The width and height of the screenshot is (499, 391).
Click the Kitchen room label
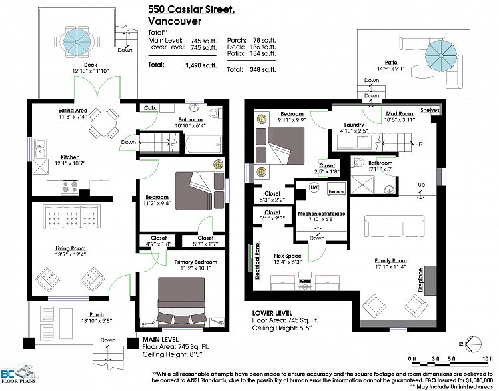tap(70, 157)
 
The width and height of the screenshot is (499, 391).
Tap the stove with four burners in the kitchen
tap(70, 187)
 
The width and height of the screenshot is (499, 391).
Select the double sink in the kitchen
tap(39, 149)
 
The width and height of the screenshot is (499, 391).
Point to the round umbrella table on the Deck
tap(77, 41)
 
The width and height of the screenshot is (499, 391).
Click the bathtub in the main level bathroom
tap(203, 145)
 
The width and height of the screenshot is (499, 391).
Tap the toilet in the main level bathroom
tap(215, 113)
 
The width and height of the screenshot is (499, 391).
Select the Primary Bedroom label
tap(195, 262)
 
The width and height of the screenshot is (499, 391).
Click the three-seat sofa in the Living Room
tap(71, 216)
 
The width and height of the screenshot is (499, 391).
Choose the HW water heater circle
tap(314, 187)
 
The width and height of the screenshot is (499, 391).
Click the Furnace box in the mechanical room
tap(336, 189)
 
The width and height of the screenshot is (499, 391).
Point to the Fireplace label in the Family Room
tap(420, 280)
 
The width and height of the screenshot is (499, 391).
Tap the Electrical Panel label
tap(257, 260)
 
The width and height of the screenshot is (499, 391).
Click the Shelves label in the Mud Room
tap(430, 110)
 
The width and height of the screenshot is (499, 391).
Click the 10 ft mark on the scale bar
tap(487, 359)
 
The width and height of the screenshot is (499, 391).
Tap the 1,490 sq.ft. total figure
tap(201, 65)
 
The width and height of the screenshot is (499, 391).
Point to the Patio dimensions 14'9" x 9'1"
tap(391, 69)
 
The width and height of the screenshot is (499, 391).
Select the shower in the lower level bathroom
tap(364, 183)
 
